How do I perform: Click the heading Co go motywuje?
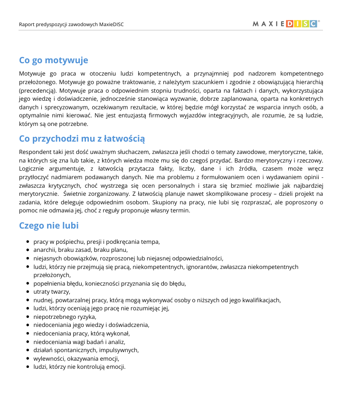(x=53, y=60)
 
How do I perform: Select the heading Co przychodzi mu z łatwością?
(x=82, y=139)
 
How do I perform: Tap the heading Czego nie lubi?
(x=48, y=225)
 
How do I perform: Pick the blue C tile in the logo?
(x=313, y=24)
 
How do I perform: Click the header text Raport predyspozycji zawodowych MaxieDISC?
(x=71, y=24)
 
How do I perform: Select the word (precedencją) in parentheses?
(x=38, y=90)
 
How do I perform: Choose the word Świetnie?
(x=76, y=194)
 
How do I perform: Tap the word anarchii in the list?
(x=44, y=249)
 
